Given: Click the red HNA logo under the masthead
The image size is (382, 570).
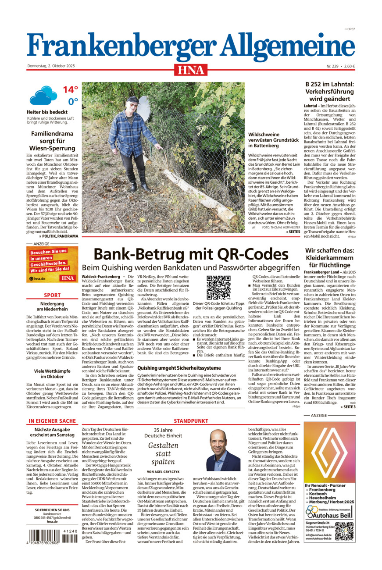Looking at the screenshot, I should pyautogui.click(x=191, y=70).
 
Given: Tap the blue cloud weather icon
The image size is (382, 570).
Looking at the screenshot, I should pyautogui.click(x=43, y=95).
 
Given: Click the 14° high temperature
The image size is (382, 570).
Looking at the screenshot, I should pyautogui.click(x=70, y=90).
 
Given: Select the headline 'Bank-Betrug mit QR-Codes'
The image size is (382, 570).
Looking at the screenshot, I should pyautogui.click(x=191, y=254).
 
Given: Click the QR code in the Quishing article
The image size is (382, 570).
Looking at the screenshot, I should pyautogui.click(x=218, y=288).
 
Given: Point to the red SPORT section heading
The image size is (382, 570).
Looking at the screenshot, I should pyautogui.click(x=52, y=295).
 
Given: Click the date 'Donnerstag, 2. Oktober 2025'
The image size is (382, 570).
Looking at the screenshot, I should pyautogui.click(x=51, y=66).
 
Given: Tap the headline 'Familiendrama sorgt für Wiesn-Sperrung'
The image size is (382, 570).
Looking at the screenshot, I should pyautogui.click(x=52, y=141).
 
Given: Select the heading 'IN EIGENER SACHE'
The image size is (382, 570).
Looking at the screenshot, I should pyautogui.click(x=52, y=421).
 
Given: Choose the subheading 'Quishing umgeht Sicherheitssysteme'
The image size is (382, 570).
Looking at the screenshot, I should pyautogui.click(x=179, y=368).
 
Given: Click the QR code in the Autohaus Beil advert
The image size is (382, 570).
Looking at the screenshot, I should pyautogui.click(x=344, y=531).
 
